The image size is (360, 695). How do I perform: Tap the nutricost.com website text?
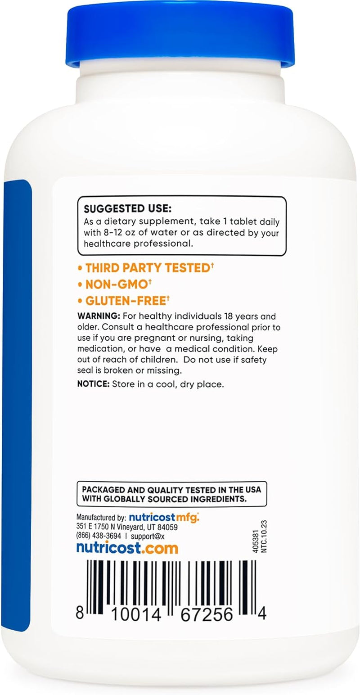[127, 548]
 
